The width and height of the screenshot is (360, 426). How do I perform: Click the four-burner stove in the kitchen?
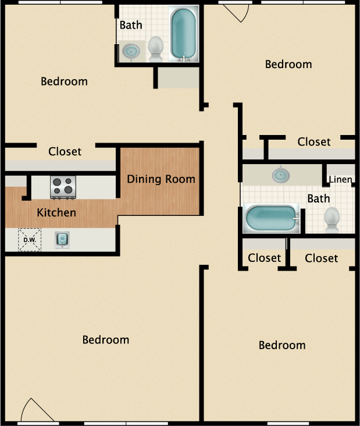[64, 186]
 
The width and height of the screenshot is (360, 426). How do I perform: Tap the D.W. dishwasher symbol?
[29, 239]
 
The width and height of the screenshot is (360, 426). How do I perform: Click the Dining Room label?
[161, 179]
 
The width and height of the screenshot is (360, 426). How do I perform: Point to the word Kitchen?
[56, 212]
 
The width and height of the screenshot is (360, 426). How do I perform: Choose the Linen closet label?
[340, 179]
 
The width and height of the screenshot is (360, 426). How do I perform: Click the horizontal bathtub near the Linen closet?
[270, 218]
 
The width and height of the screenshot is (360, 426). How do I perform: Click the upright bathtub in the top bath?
[183, 34]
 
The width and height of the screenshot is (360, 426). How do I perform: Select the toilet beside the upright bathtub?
[155, 48]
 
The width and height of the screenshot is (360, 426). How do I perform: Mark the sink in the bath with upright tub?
[133, 51]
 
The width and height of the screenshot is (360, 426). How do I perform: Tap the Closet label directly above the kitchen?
[65, 151]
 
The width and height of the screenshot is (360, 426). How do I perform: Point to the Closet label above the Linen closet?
[314, 141]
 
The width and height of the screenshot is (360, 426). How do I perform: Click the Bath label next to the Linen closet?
[319, 198]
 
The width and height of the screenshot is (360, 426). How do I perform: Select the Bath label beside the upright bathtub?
[131, 25]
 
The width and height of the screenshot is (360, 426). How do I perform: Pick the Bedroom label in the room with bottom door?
[106, 339]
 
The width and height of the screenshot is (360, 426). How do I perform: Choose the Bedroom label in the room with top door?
[288, 64]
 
